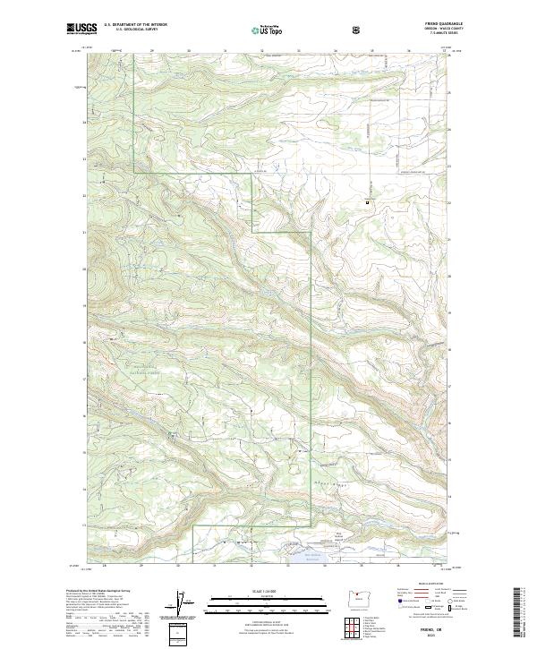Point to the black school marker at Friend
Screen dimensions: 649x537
coord(366,203)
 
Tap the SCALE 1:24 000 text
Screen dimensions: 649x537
coord(266,589)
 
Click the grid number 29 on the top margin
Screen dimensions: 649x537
coord(153,52)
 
